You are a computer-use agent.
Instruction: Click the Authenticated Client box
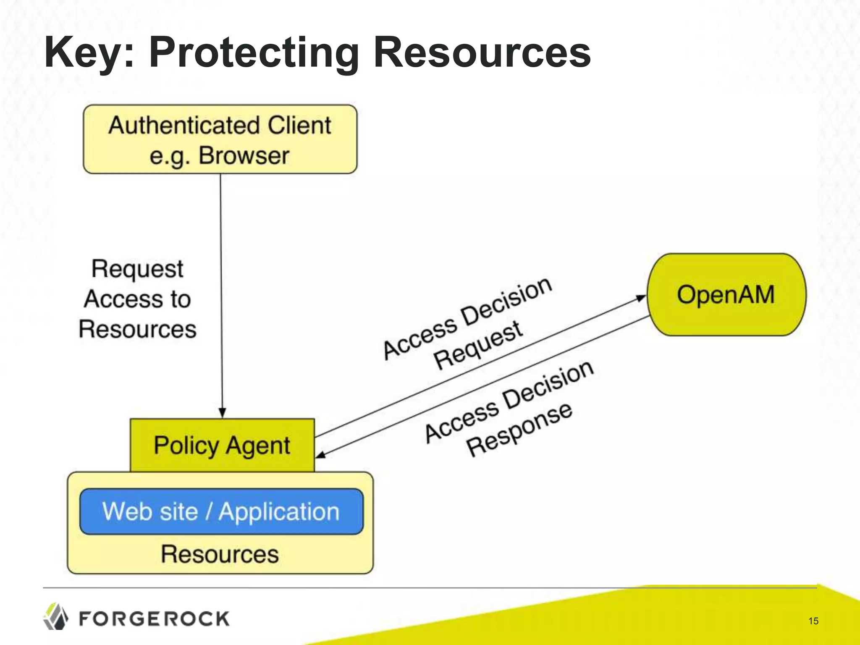[220, 139]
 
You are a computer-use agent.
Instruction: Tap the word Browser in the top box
[244, 155]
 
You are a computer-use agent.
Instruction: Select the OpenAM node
[726, 294]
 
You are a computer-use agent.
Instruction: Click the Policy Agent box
[222, 445]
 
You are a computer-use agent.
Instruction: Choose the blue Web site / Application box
[221, 511]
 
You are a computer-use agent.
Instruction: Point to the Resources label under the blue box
[220, 554]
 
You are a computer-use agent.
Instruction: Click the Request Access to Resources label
[137, 299]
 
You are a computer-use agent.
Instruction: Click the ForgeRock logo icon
[56, 616]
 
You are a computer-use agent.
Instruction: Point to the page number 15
[813, 621]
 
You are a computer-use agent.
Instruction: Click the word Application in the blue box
[279, 511]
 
